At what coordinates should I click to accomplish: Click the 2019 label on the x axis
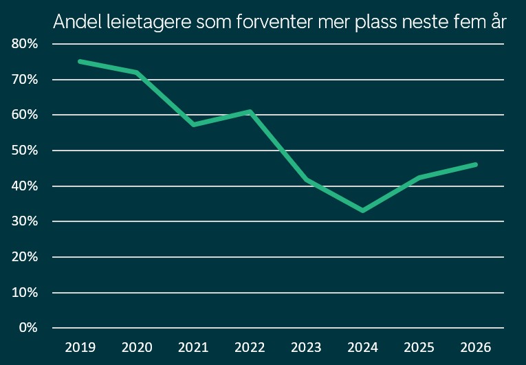(80, 346)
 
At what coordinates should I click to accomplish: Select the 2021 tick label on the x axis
(193, 346)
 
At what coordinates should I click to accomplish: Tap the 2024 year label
(362, 346)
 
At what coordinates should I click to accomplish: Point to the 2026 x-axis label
(475, 346)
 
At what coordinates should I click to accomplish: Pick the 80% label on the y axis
(25, 44)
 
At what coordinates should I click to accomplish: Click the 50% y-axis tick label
(25, 151)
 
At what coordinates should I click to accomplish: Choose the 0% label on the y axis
(28, 327)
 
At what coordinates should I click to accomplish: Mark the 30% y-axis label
(25, 221)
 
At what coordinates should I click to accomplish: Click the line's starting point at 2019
(80, 61)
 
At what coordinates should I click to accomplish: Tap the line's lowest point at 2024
(362, 210)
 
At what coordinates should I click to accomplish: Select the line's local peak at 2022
(250, 111)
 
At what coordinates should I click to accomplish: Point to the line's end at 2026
(475, 164)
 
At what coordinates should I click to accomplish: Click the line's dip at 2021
(194, 124)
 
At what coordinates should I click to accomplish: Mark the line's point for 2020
(138, 72)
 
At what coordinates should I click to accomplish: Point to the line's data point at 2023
(306, 179)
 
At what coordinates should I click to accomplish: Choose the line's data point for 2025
(419, 177)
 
